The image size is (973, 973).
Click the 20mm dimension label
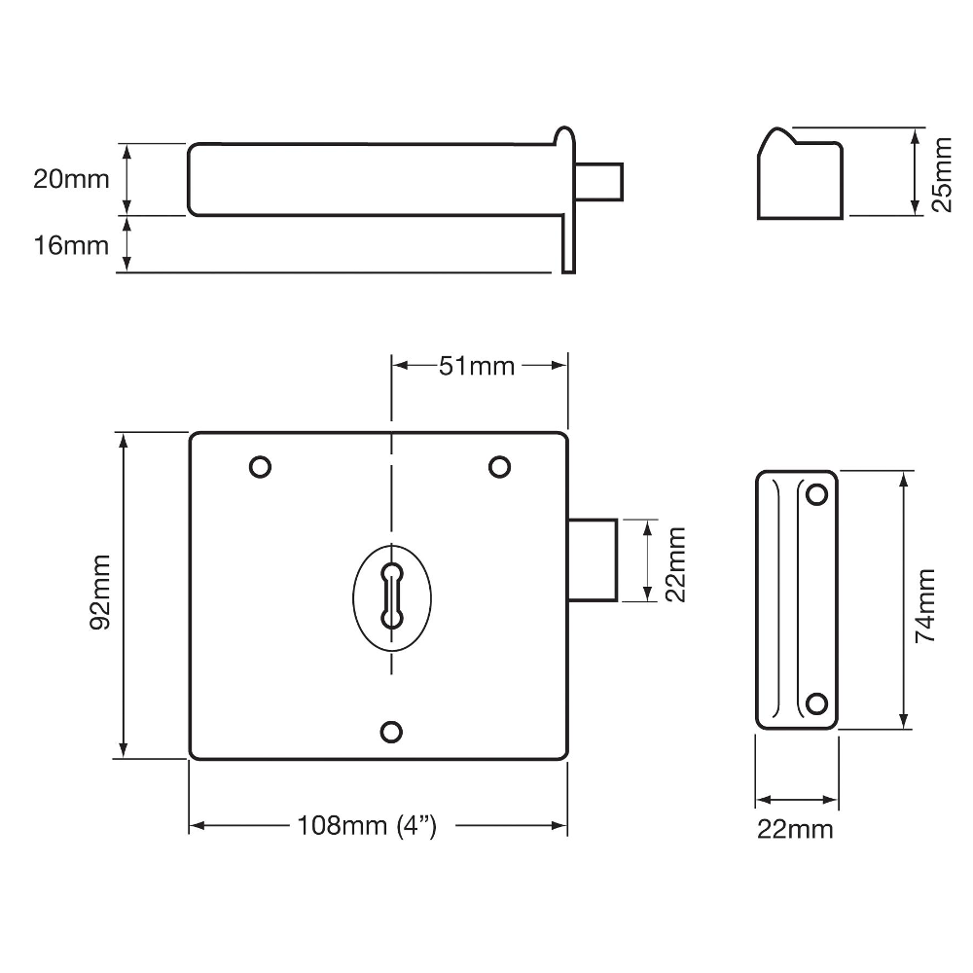click(71, 179)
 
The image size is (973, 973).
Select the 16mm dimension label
click(71, 246)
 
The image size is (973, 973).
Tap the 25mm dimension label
click(941, 175)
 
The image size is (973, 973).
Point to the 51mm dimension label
click(477, 366)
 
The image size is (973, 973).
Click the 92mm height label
click(100, 594)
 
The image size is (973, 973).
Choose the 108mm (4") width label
click(367, 826)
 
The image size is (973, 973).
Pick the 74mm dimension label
click(924, 605)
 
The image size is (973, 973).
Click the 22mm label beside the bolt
click(675, 564)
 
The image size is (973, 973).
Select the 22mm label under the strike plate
click(795, 830)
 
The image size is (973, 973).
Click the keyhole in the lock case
click(391, 596)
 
